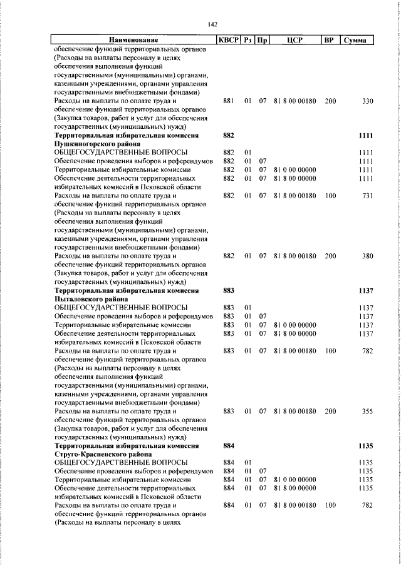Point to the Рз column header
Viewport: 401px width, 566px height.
249,41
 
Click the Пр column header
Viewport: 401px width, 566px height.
263,41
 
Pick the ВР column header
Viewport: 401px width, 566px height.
328,41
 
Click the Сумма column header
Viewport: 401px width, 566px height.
355,41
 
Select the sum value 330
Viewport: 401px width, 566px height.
367,101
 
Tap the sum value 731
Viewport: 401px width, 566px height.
367,196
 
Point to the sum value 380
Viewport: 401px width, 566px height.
367,256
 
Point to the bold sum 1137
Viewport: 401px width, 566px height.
365,290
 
